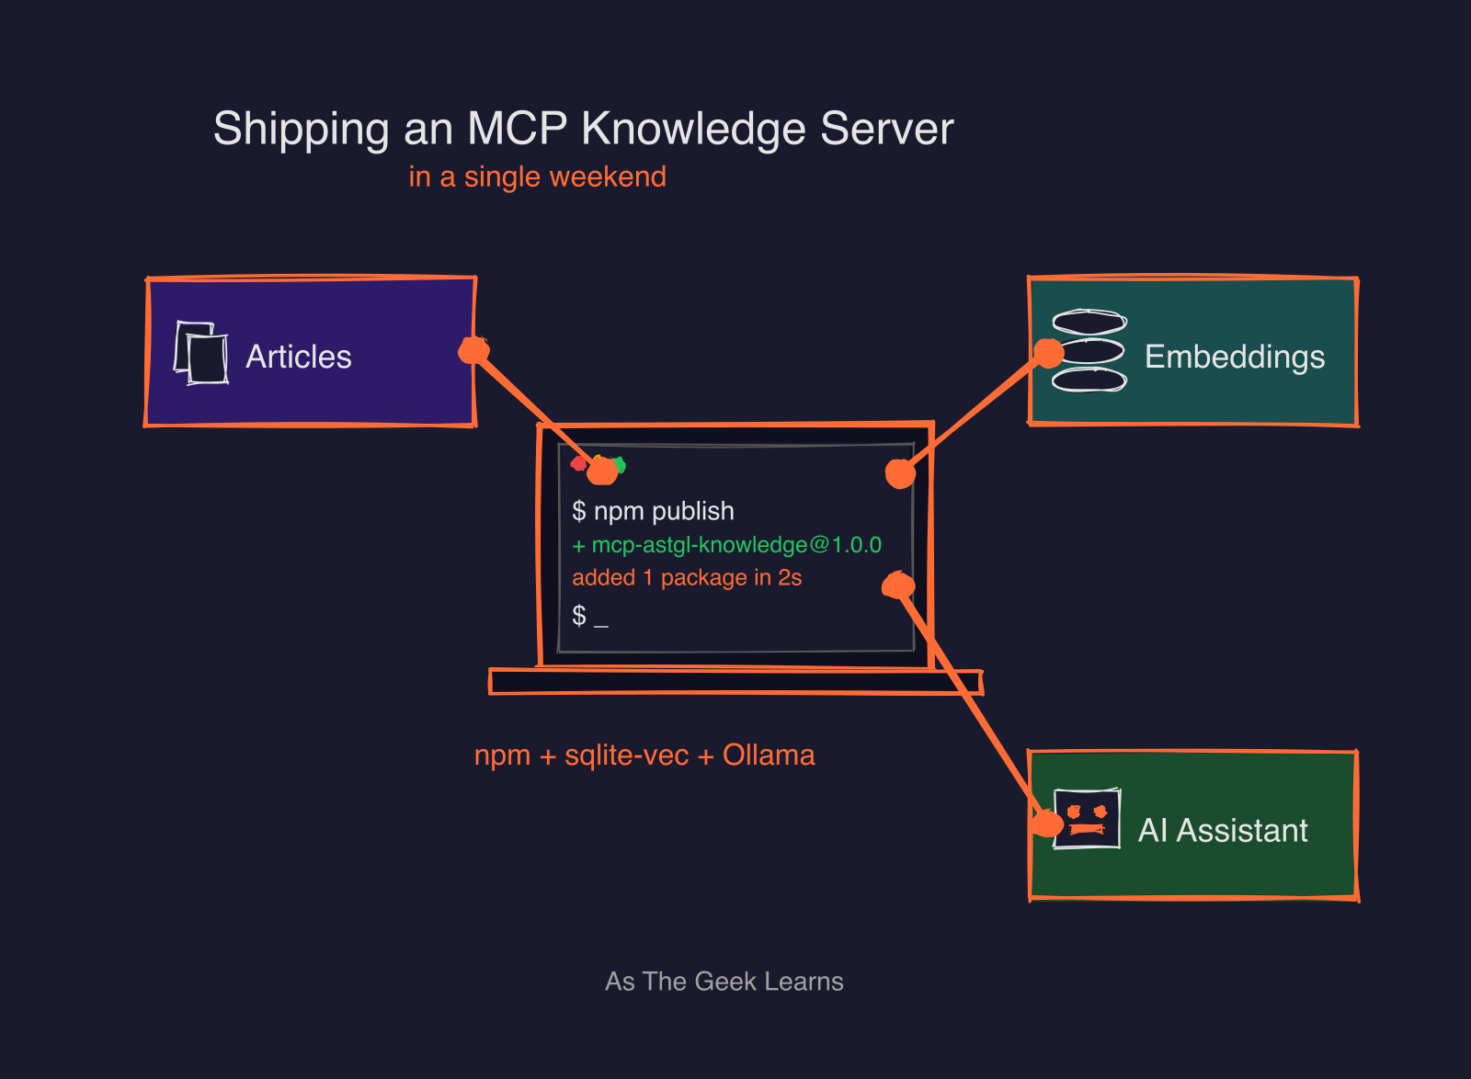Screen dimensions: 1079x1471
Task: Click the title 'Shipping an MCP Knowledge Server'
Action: [583, 129]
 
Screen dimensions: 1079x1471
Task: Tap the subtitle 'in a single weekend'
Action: [537, 176]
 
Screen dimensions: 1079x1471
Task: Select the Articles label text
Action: [299, 357]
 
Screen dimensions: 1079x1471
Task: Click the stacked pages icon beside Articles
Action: [201, 353]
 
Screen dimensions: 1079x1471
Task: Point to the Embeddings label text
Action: [1234, 357]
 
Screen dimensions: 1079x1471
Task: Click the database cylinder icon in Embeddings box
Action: [1089, 351]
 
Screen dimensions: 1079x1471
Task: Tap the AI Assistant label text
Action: [1222, 830]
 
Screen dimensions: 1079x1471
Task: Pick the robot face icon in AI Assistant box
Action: [1087, 818]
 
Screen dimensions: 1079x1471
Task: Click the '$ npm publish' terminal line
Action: [653, 511]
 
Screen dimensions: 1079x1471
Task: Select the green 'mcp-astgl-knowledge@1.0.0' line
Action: [726, 545]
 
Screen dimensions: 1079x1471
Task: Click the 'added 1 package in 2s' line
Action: [687, 578]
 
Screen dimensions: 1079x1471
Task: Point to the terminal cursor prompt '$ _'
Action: [589, 615]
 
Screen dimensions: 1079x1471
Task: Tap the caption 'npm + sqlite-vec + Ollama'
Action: [644, 755]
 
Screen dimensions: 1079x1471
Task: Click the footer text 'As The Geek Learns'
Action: [724, 982]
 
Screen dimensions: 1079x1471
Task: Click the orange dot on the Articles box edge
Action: [473, 349]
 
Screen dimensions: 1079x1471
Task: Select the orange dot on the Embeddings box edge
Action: [1048, 353]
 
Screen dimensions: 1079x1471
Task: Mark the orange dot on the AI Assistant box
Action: [1046, 823]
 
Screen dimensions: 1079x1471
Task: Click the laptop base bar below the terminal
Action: [735, 682]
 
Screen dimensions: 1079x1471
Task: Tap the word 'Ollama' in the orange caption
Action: [769, 755]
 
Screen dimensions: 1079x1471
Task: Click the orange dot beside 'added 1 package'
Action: [898, 585]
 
